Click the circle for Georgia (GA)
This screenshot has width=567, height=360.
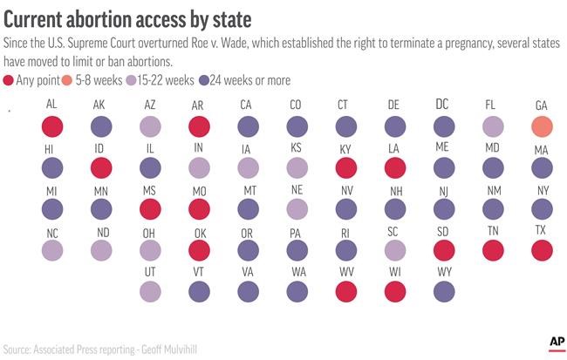pos(542,126)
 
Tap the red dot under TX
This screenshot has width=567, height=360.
pos(542,250)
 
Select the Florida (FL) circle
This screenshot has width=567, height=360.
pos(493,126)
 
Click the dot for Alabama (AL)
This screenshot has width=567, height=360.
pos(51,126)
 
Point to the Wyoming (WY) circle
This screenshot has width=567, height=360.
pos(443,289)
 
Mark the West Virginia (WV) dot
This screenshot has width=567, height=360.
pos(345,289)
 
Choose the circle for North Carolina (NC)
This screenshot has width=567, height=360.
pos(51,250)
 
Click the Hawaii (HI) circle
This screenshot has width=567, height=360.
pos(51,167)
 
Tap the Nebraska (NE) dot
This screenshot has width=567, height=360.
pos(297,208)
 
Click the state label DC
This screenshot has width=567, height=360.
pos(443,104)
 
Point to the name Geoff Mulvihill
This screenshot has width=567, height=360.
pos(173,347)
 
